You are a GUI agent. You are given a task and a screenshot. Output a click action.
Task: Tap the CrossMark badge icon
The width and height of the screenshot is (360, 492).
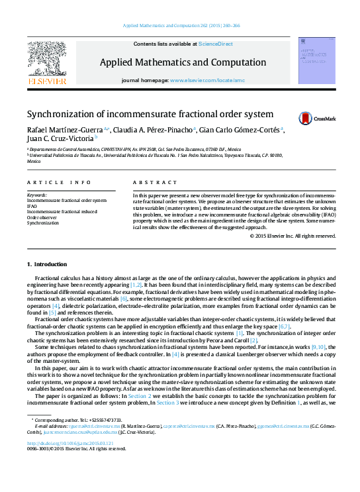point(305,119)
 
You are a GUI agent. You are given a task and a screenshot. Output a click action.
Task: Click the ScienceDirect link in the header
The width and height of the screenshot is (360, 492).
point(215,44)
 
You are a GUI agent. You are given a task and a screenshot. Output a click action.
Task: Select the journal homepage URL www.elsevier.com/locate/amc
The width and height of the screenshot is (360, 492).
point(207,80)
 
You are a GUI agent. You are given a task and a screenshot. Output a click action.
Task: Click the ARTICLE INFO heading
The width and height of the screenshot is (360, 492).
point(59,182)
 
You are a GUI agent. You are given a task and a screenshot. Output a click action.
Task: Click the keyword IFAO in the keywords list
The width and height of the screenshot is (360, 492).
point(32,206)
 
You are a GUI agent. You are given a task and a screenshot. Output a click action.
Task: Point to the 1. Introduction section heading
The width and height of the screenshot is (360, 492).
point(46,265)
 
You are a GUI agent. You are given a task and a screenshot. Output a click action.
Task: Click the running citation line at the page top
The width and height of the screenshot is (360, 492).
point(180,26)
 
